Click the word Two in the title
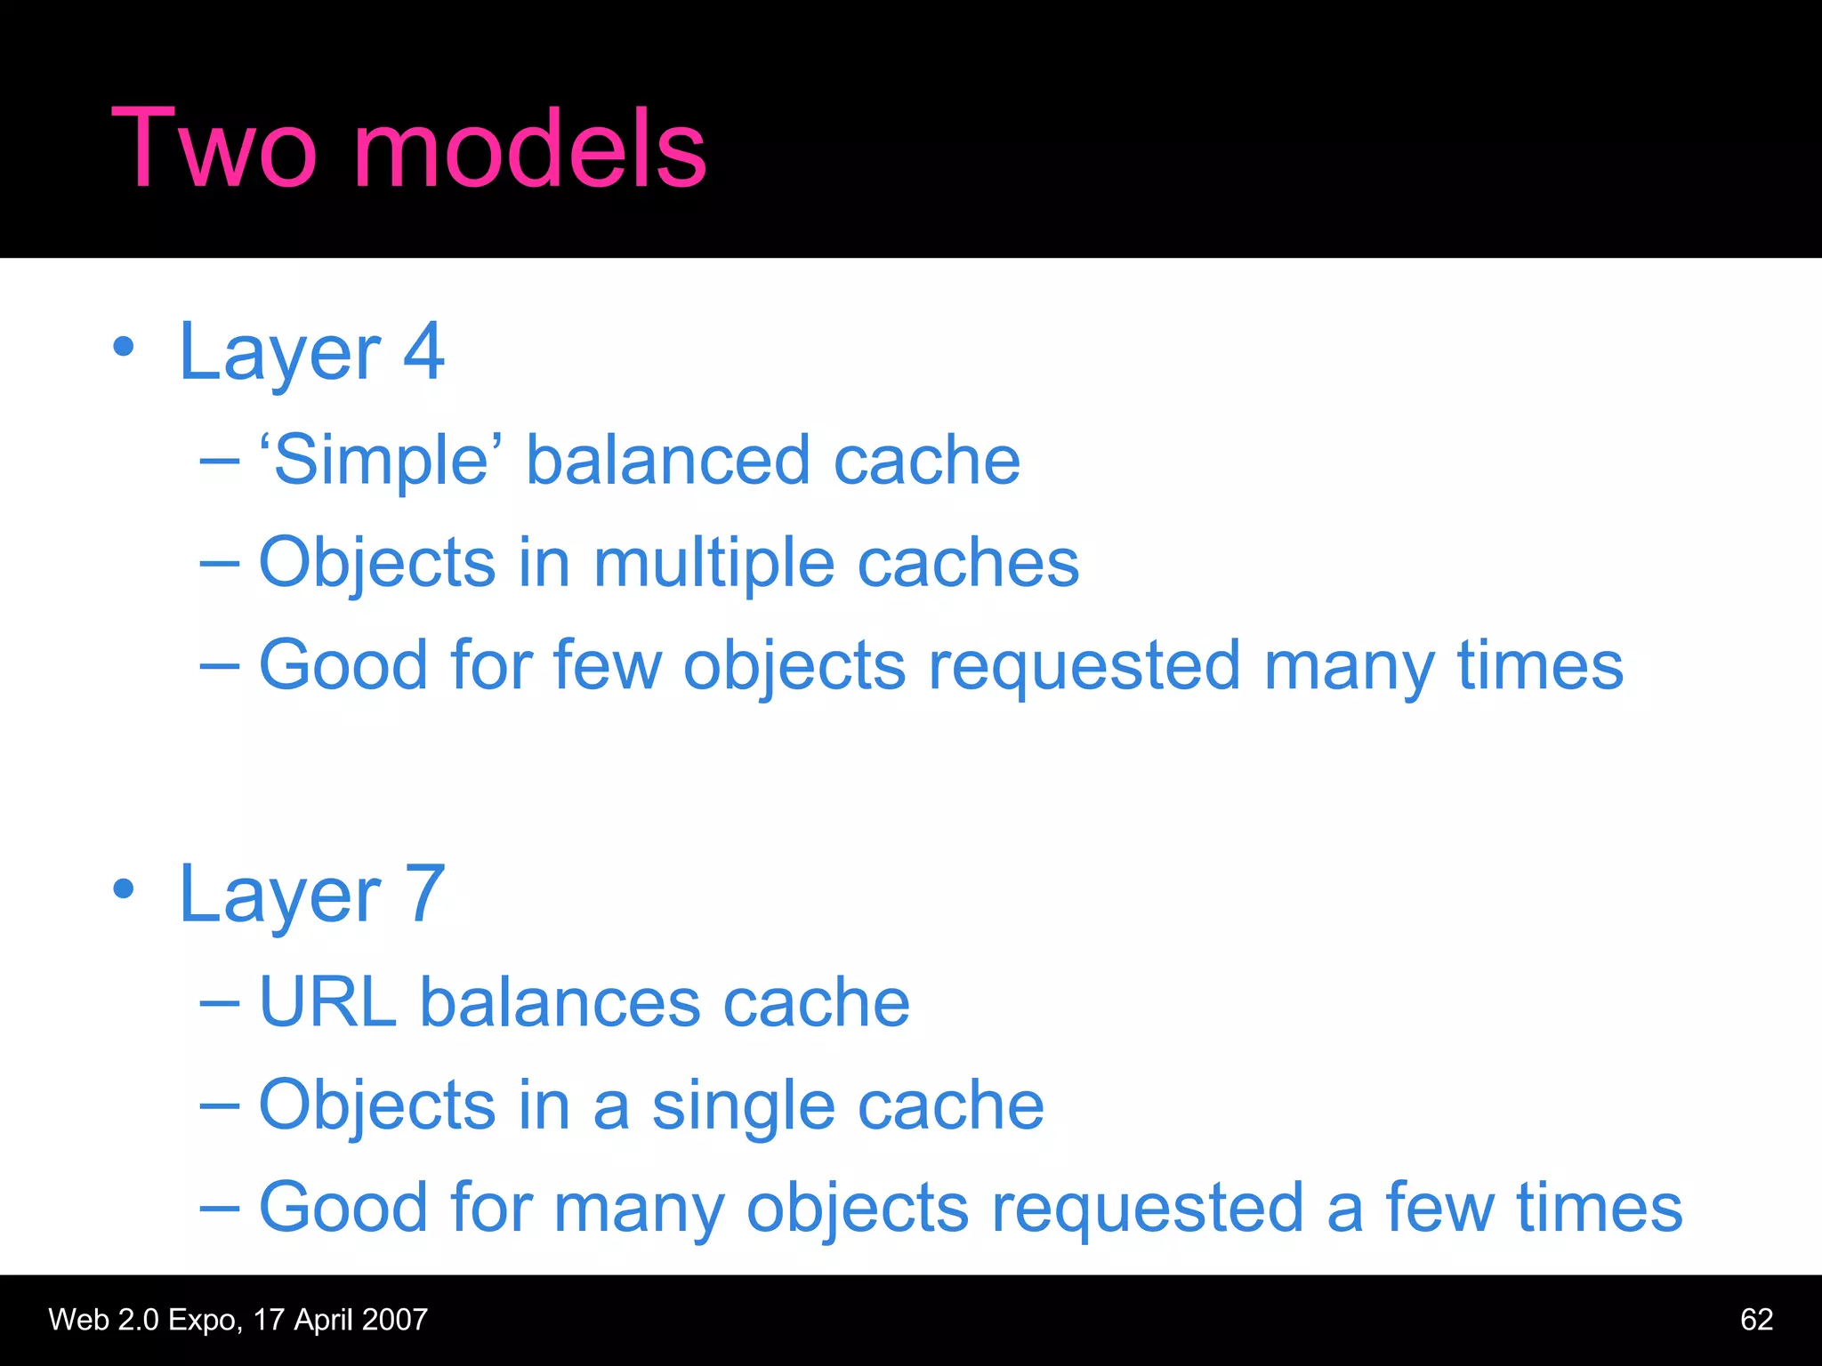(214, 149)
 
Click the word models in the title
(530, 149)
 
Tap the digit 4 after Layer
(423, 352)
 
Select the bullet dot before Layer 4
(124, 348)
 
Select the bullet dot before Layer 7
(124, 888)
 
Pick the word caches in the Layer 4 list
(968, 564)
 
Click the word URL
(327, 1002)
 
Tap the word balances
(560, 1002)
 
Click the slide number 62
(1756, 1320)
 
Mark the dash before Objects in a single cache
(220, 1105)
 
